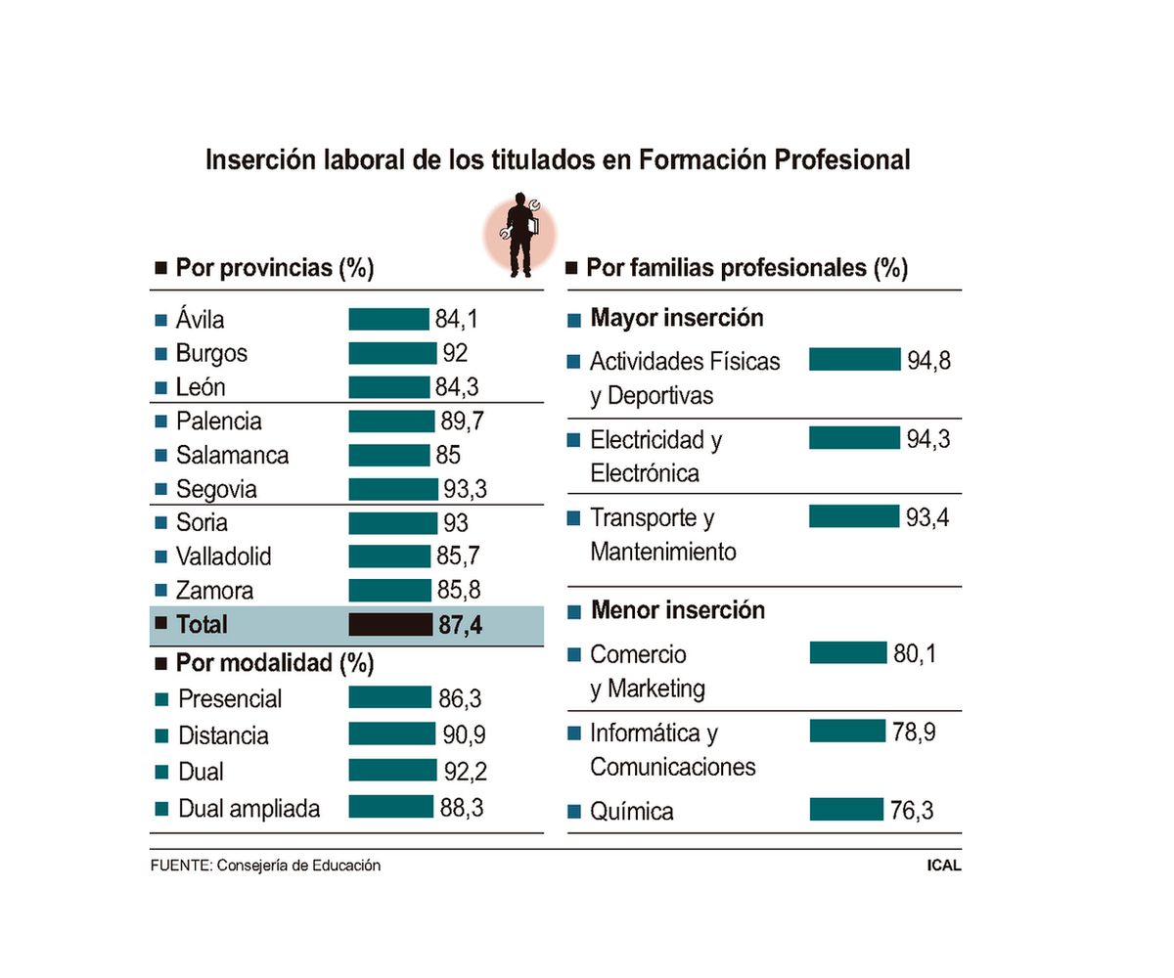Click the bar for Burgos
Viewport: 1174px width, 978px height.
pos(392,353)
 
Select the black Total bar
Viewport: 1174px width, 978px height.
pos(390,624)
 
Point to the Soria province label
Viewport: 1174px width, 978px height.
pos(202,522)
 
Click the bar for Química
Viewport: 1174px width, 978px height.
pos(846,810)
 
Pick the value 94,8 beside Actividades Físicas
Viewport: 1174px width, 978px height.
pos(928,361)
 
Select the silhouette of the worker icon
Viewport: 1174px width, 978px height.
pos(520,235)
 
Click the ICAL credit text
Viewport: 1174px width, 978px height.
pos(944,866)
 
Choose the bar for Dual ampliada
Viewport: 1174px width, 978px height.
pos(390,807)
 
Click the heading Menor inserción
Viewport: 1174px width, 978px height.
pos(677,611)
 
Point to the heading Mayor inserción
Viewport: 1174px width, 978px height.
pos(677,318)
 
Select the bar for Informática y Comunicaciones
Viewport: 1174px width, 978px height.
pos(847,731)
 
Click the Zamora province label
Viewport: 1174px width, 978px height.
pos(214,591)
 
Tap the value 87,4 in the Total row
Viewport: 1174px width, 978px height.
pos(461,625)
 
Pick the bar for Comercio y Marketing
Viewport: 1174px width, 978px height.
pos(847,652)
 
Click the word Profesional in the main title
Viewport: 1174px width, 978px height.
pos(842,159)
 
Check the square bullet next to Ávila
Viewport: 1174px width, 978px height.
pos(161,320)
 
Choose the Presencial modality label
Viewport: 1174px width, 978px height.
pos(229,699)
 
